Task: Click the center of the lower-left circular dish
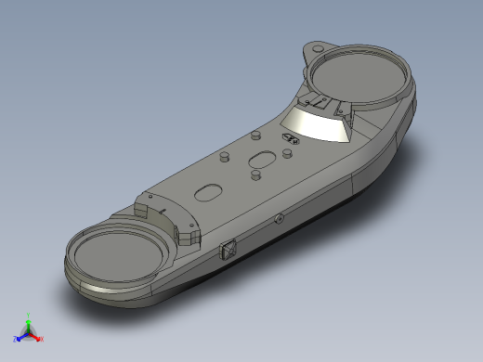[x=120, y=255]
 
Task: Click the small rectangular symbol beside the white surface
[x=290, y=139]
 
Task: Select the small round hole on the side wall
[x=280, y=219]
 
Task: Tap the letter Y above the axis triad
[x=29, y=314]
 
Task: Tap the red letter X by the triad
[x=42, y=339]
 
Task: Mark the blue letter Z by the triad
[x=15, y=339]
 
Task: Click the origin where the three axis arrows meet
[x=28, y=332]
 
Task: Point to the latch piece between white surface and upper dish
[x=316, y=102]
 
